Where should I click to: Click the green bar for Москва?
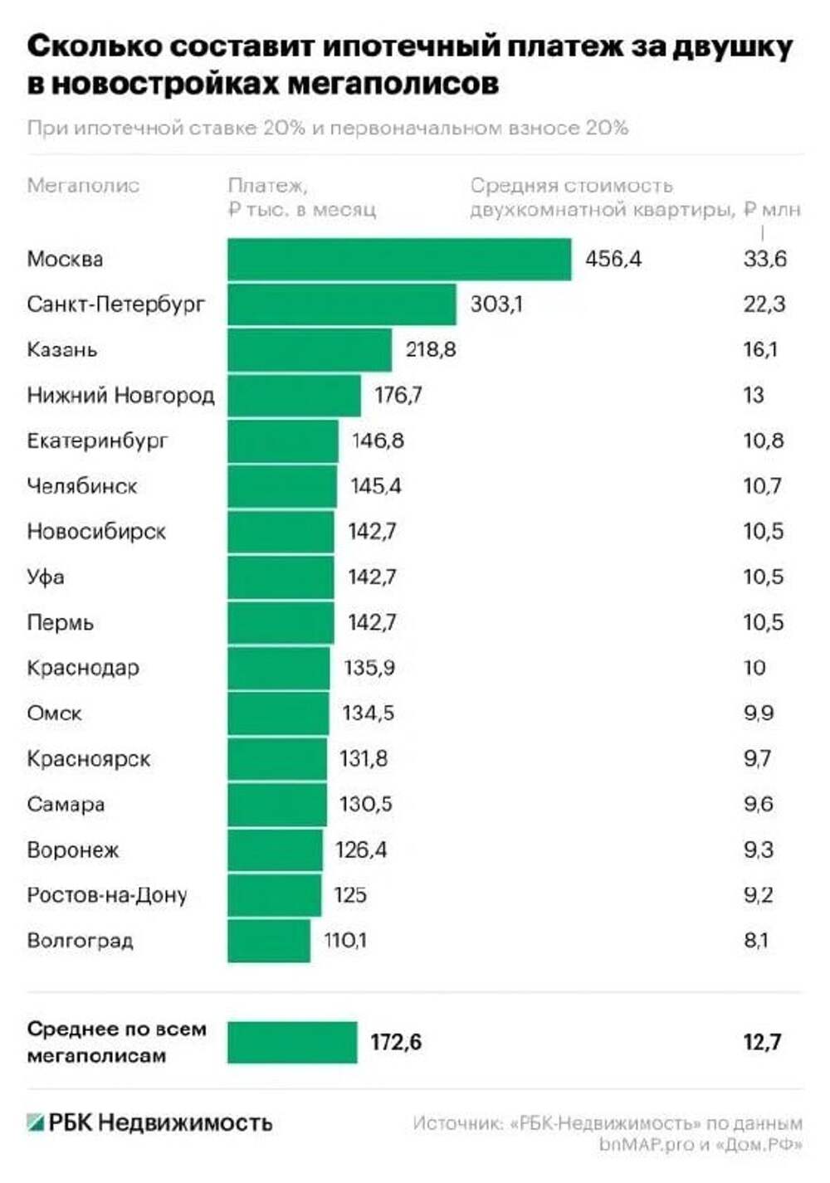[x=399, y=260]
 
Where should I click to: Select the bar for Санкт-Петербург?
[x=342, y=304]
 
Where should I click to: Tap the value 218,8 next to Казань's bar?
[x=430, y=349]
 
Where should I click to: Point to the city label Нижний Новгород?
[x=120, y=395]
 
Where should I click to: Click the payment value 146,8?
[x=378, y=440]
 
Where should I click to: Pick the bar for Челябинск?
[x=282, y=486]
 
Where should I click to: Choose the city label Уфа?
[x=46, y=577]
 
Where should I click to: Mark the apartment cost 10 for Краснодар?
[x=754, y=668]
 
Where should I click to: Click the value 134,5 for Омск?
[x=368, y=713]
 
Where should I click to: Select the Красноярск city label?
[x=89, y=758]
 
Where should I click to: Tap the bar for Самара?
[x=277, y=804]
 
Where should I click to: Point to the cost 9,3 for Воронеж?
[x=758, y=850]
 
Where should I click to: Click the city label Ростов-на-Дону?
[x=107, y=895]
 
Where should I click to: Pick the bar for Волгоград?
[x=269, y=941]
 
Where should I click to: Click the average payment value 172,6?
[x=396, y=1042]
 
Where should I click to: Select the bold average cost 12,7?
[x=762, y=1042]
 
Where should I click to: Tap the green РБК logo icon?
[x=35, y=1123]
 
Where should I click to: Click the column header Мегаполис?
[x=83, y=185]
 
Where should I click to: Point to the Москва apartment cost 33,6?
[x=764, y=260]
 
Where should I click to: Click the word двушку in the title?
[x=731, y=47]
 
